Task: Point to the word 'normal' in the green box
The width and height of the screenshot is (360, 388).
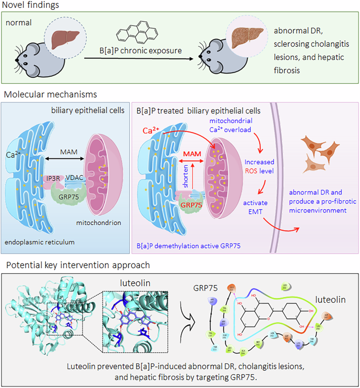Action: pyautogui.click(x=19, y=24)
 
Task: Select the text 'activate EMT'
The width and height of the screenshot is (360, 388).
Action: pyautogui.click(x=256, y=207)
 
